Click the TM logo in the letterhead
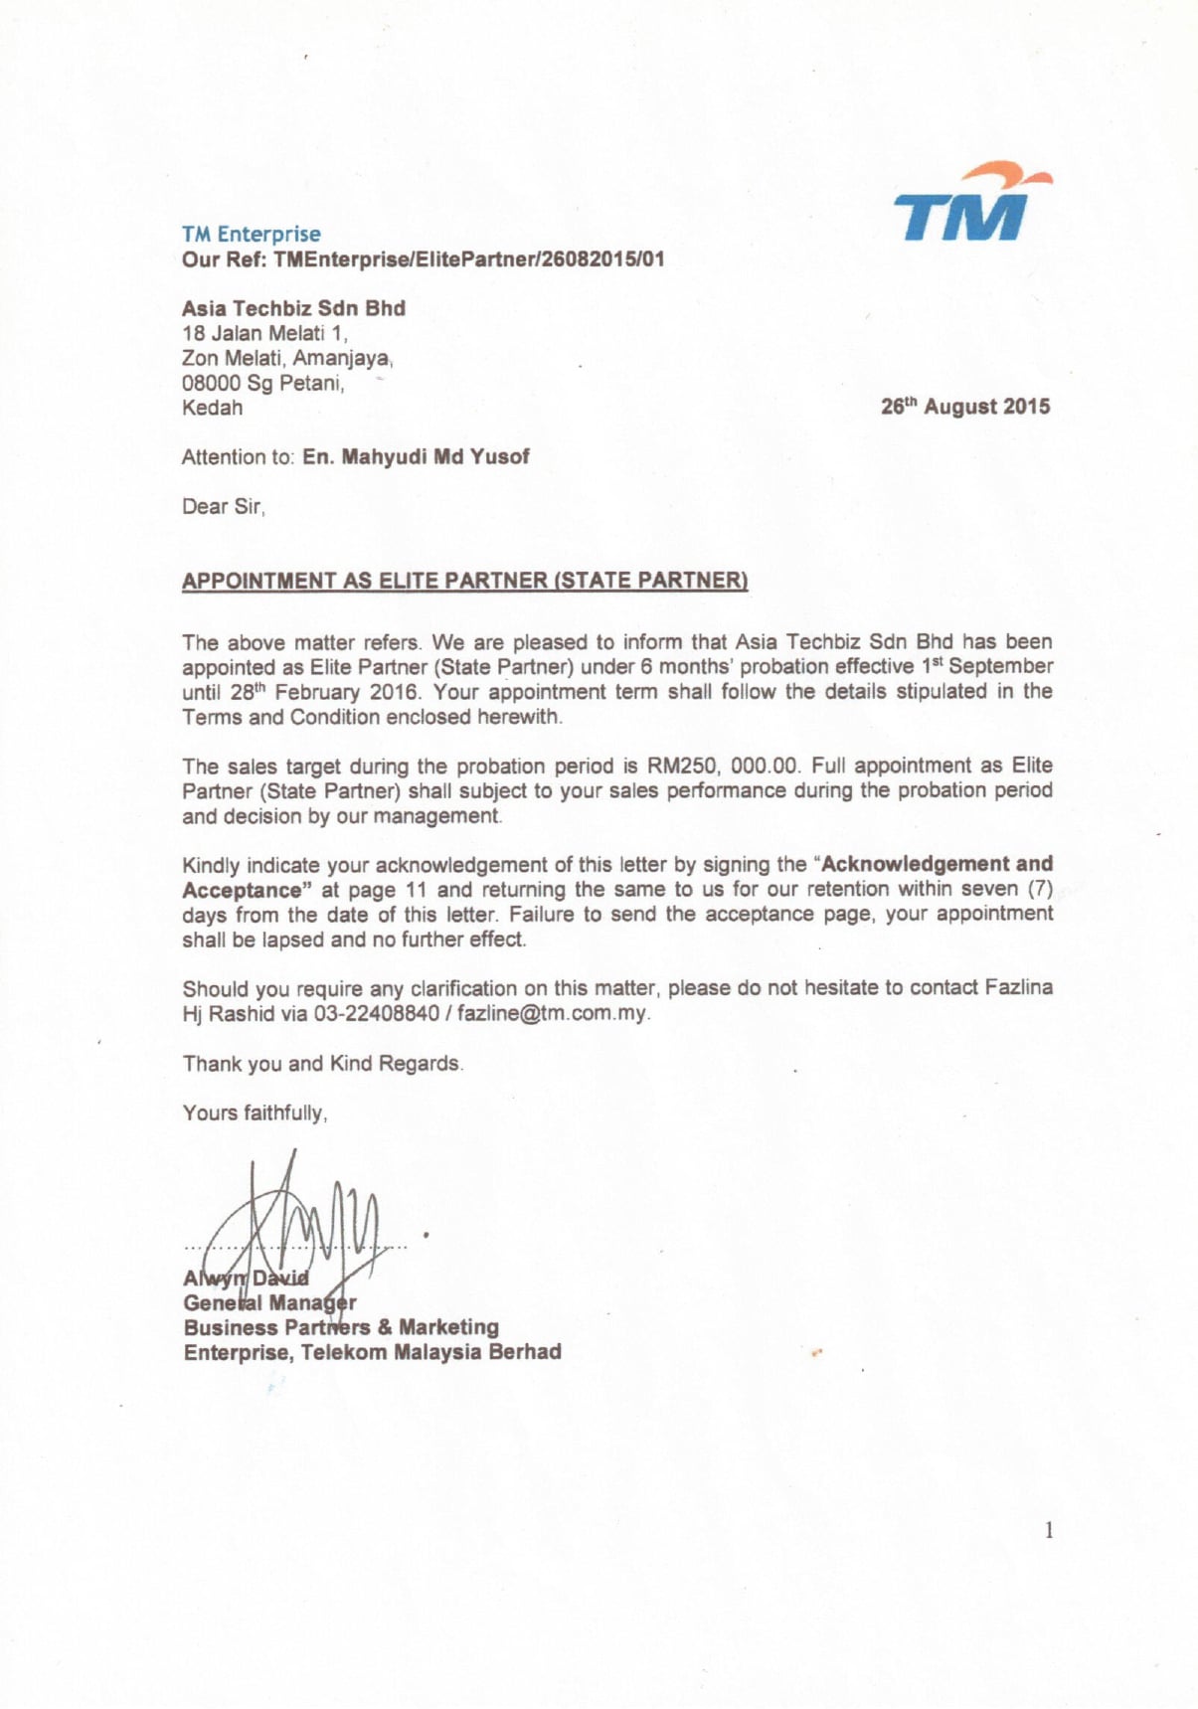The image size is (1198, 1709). [x=969, y=205]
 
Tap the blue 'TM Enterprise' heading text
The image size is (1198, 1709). [x=251, y=235]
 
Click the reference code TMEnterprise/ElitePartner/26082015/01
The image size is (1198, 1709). [x=468, y=260]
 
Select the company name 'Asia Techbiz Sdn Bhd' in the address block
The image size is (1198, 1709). [x=293, y=308]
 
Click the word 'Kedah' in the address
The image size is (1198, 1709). [x=212, y=408]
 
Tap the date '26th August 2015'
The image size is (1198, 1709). [x=964, y=407]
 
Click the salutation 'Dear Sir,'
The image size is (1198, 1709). [x=223, y=507]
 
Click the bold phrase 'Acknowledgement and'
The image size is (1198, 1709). [x=937, y=864]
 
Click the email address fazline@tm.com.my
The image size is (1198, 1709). [x=552, y=1014]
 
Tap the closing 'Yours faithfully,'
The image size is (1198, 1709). [x=255, y=1113]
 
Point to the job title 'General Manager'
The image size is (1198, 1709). [x=269, y=1302]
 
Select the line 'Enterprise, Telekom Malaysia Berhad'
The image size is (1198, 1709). [x=372, y=1352]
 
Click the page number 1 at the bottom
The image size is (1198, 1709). [x=1048, y=1530]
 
